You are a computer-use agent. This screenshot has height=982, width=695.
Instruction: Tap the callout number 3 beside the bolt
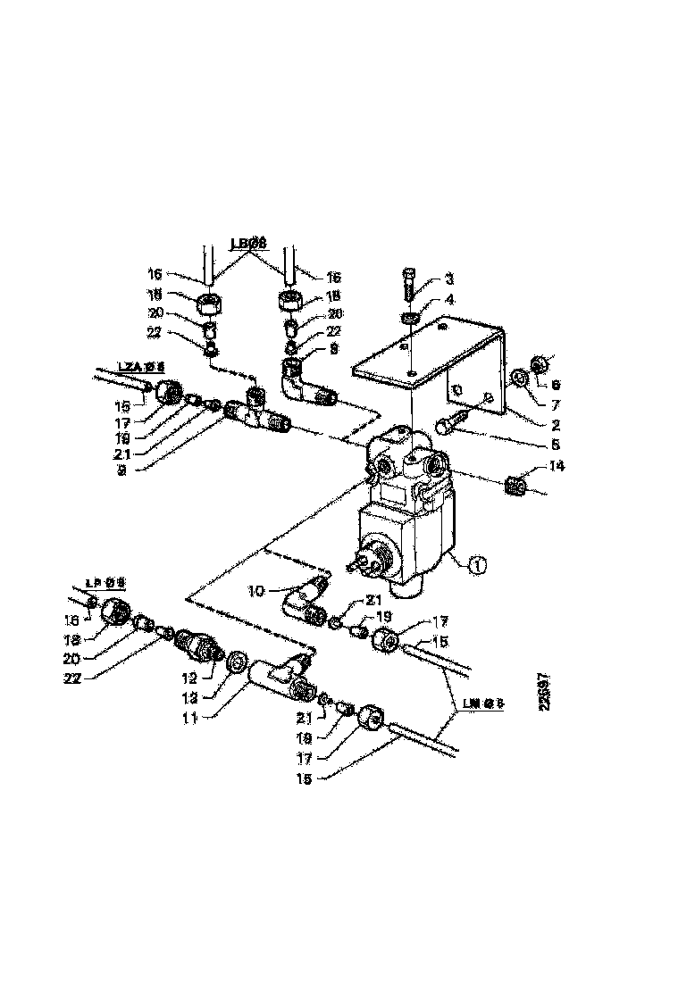pyautogui.click(x=449, y=280)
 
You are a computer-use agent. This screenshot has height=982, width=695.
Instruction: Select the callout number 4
pyautogui.click(x=449, y=300)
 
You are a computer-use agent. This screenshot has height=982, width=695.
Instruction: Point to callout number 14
pyautogui.click(x=558, y=465)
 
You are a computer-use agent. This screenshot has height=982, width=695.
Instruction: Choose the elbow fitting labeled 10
pyautogui.click(x=306, y=596)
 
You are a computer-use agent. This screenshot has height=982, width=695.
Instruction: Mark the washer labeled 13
pyautogui.click(x=238, y=662)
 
